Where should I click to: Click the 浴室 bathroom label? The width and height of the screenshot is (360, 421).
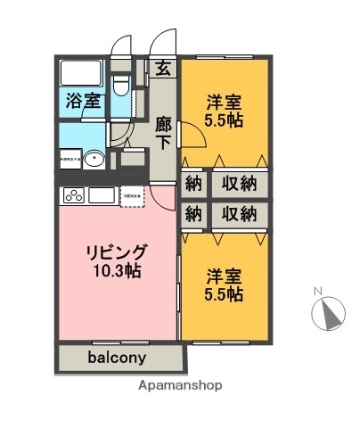pos(83,102)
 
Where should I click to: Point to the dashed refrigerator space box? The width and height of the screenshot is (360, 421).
pos(133,194)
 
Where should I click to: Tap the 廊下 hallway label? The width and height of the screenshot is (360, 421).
pos(163,133)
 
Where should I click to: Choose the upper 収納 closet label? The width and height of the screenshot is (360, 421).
pos(240,184)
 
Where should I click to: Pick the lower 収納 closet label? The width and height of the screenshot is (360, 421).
pos(240,214)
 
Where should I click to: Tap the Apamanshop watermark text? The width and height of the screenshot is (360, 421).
pos(181,386)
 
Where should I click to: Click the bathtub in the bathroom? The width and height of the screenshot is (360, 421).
pos(83,72)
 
